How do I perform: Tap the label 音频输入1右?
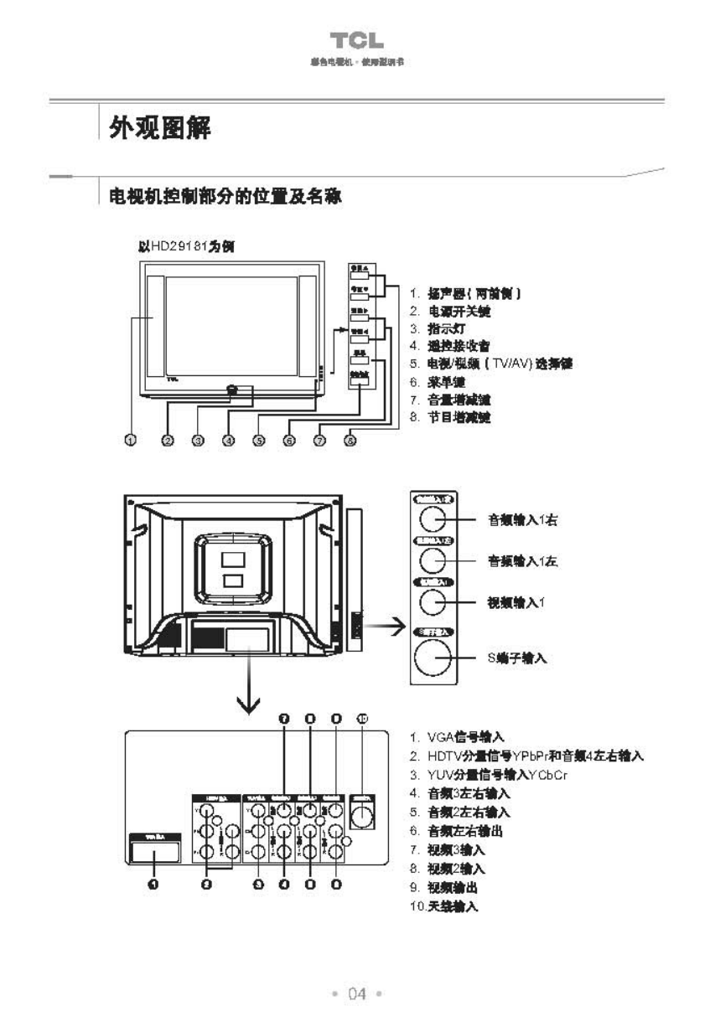click(523, 520)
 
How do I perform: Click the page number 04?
click(358, 993)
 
